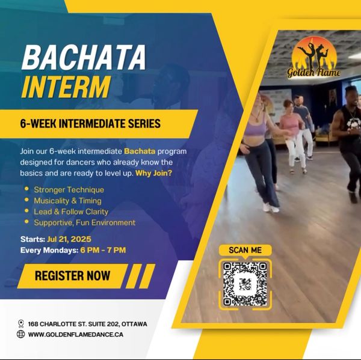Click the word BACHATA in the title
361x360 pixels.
coord(84,57)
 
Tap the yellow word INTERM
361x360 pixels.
coord(66,87)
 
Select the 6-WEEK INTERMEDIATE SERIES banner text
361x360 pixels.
coord(90,124)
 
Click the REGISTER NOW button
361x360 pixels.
coord(73,276)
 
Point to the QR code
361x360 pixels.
coord(245,284)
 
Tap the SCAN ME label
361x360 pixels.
coord(245,250)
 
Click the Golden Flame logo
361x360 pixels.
coord(314,58)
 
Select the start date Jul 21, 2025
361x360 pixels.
coord(69,239)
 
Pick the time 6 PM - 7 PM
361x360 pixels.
coord(103,250)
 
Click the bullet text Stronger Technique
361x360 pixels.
coord(69,190)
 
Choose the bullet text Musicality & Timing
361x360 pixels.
coord(67,201)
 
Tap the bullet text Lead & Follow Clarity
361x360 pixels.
coord(71,212)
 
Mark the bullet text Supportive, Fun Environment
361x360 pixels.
coord(84,222)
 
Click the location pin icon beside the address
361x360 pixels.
coord(21,324)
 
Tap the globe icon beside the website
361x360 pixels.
coord(20,334)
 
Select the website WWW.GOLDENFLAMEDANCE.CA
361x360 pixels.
coord(76,335)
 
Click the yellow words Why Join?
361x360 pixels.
coord(154,173)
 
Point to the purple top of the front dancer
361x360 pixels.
coord(255,127)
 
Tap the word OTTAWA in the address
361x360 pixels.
coord(134,324)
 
